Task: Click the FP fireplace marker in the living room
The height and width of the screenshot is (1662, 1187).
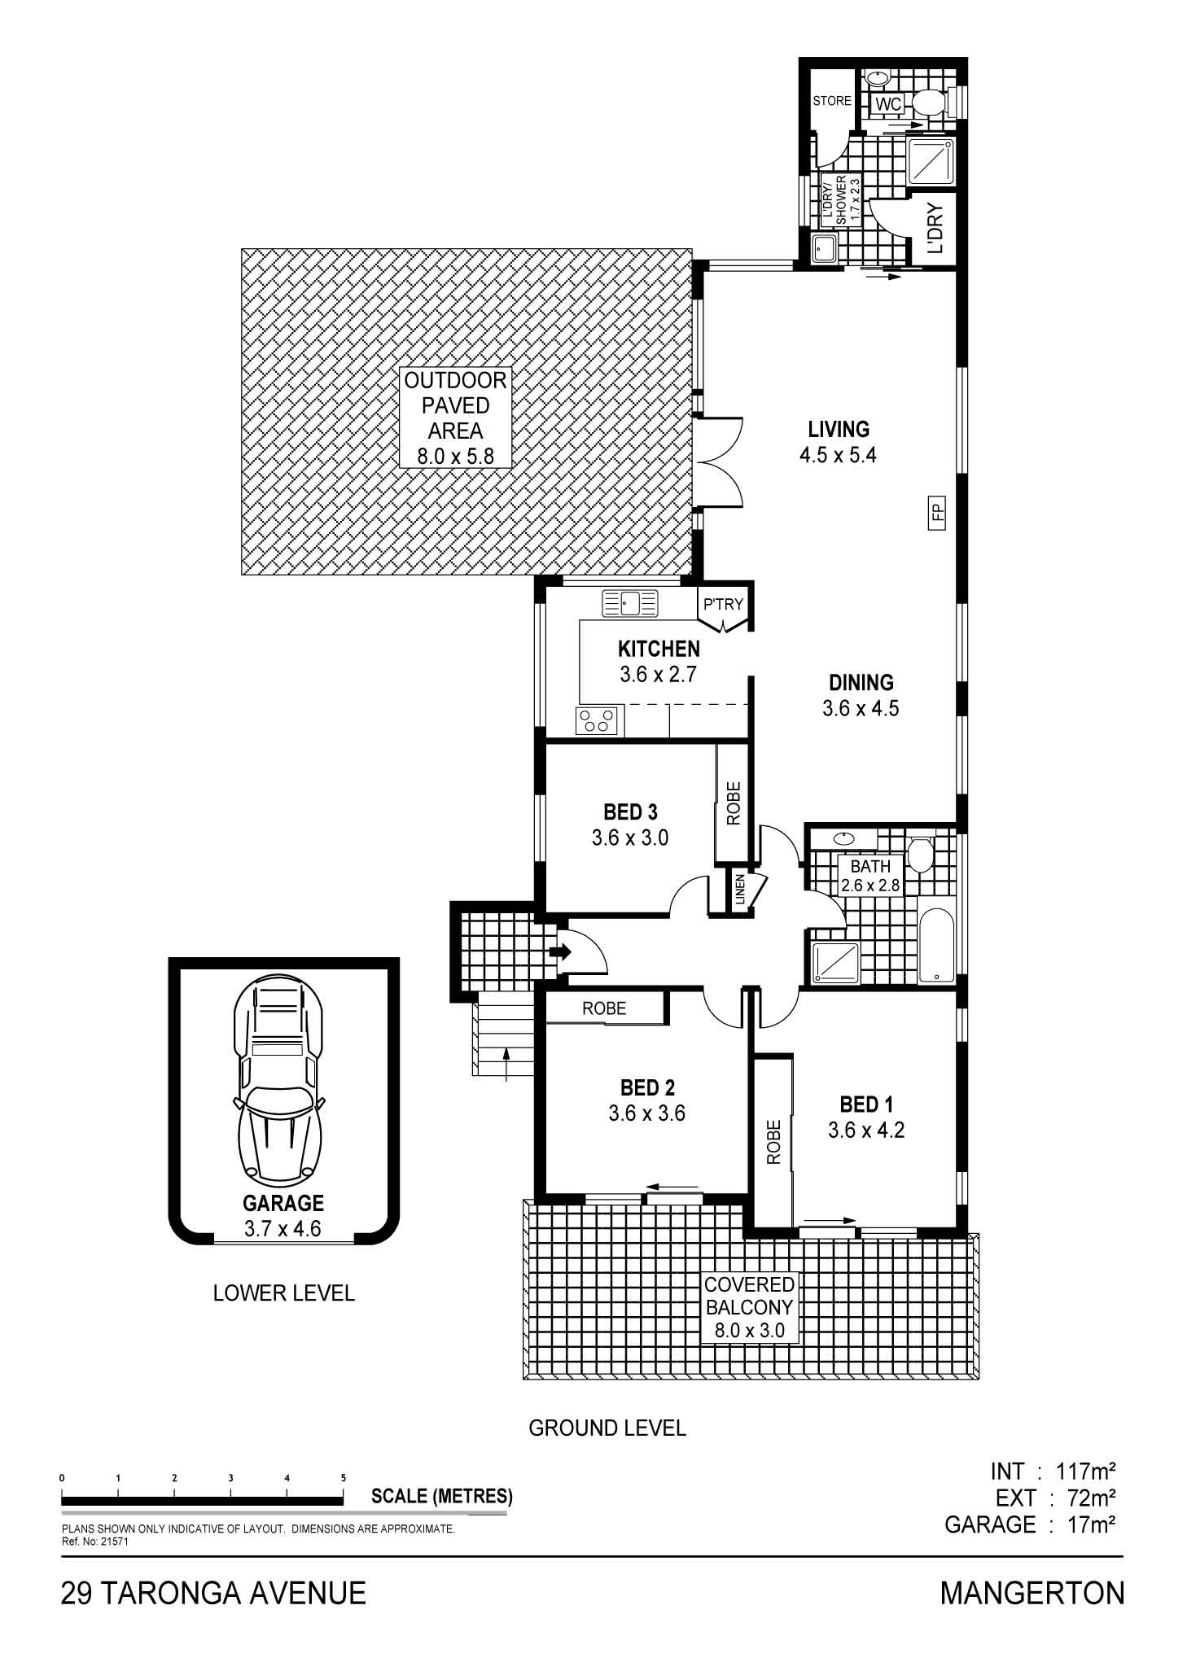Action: (x=936, y=512)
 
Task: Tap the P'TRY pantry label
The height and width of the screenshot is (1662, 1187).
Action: (x=723, y=604)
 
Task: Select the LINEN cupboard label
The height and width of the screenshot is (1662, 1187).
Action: (x=740, y=889)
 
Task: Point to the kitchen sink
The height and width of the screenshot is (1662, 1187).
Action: (x=629, y=604)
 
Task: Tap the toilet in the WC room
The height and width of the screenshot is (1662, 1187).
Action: (x=929, y=103)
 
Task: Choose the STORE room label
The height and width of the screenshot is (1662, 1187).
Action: (x=832, y=101)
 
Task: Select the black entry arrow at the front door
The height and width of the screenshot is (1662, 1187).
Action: (x=560, y=951)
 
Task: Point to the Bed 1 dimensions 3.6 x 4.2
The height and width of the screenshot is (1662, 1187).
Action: (x=866, y=1130)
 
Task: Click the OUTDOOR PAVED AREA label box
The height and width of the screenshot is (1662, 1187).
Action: (x=455, y=418)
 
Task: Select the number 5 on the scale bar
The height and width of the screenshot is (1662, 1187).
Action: (x=344, y=1477)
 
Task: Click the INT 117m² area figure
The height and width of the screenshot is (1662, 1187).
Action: (x=1052, y=1471)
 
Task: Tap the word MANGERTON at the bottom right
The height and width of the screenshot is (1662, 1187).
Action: (x=1032, y=1592)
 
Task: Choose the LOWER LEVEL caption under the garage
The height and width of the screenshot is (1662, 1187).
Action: (x=284, y=1292)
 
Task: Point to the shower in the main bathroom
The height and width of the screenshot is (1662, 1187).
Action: (x=836, y=962)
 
